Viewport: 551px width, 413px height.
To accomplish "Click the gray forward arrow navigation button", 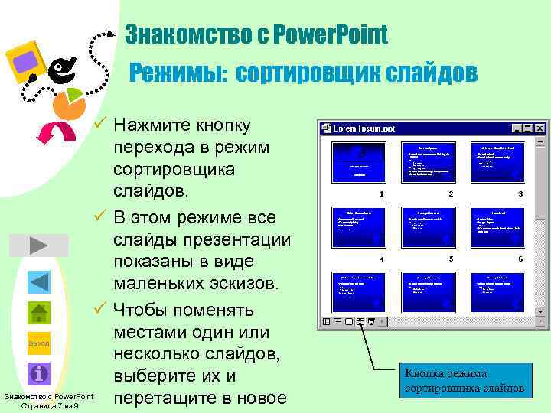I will tap(39, 246).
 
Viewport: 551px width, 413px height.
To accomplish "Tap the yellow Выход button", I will tap(39, 343).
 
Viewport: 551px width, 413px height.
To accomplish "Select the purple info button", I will tap(39, 374).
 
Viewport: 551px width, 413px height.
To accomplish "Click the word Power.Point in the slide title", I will tap(337, 34).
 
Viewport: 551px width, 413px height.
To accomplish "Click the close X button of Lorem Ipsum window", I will tap(540, 129).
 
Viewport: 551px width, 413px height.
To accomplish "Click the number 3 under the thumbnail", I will tap(520, 195).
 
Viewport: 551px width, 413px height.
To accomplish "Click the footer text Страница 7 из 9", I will tap(49, 405).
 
